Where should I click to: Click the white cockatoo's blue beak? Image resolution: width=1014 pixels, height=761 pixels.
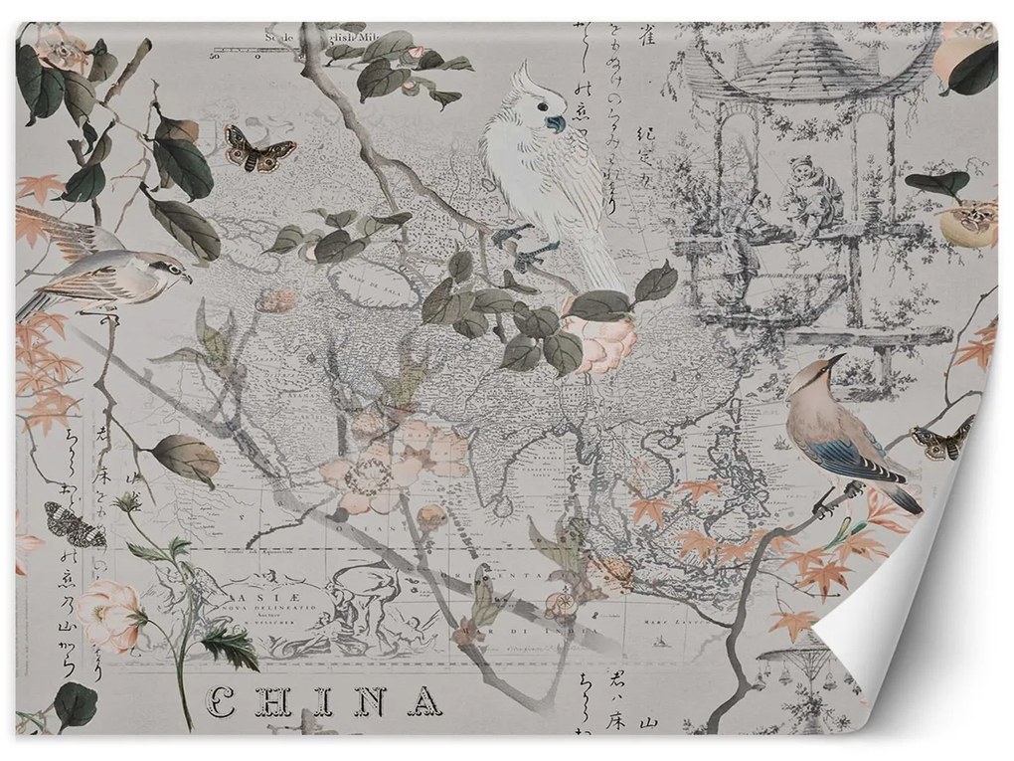click(x=554, y=124)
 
